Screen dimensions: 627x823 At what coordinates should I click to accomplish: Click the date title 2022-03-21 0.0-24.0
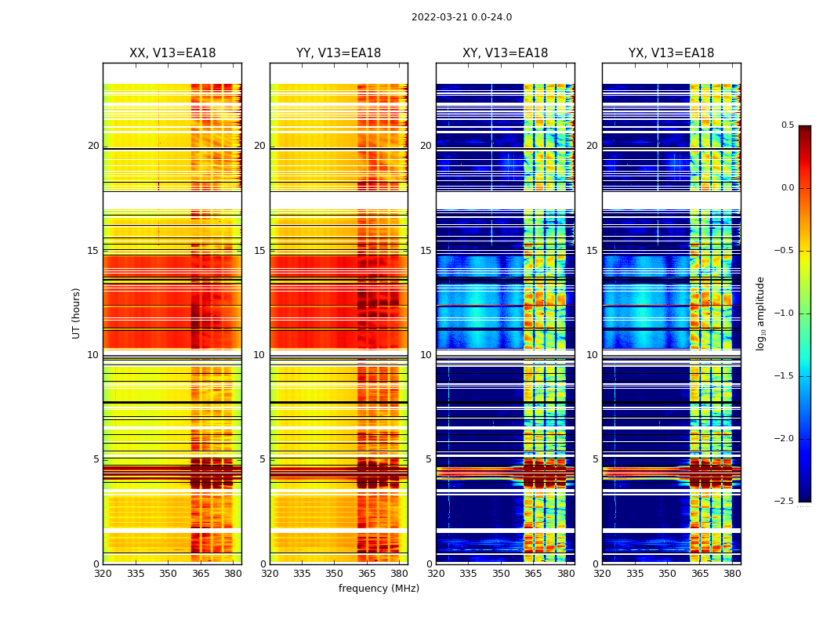462,17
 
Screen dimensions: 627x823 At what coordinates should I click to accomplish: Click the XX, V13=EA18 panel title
172,53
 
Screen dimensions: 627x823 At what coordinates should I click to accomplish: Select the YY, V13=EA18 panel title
339,53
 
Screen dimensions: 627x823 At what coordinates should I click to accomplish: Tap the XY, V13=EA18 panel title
505,53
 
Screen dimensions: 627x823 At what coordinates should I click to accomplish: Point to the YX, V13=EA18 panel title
671,53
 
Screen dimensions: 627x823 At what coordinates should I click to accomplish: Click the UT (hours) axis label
77,313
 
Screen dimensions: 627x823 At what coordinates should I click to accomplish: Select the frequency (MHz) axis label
379,589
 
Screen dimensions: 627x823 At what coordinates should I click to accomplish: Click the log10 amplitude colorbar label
760,313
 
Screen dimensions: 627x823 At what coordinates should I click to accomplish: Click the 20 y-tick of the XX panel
93,146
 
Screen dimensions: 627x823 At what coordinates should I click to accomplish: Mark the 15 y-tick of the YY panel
259,251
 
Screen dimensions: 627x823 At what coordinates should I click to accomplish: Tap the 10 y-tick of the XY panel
426,355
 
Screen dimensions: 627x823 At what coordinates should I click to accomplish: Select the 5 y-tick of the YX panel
595,459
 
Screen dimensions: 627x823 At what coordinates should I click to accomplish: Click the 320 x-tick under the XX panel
103,574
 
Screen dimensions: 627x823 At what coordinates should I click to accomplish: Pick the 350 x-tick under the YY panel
335,574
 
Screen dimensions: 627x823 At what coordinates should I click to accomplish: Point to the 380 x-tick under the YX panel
732,574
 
